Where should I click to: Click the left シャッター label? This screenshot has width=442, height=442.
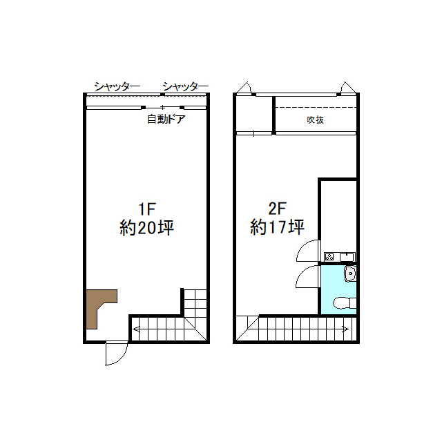point(117,86)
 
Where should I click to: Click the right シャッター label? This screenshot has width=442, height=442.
point(185,86)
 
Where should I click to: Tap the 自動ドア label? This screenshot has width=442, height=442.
point(166,119)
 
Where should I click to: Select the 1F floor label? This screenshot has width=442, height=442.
point(147,209)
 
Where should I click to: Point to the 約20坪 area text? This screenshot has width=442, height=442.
point(147,228)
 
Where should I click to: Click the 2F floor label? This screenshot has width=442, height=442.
point(278,209)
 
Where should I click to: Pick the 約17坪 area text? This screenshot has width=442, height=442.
point(278,227)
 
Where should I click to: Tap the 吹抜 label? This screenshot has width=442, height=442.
point(315,119)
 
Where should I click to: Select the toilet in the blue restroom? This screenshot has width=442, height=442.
point(345,303)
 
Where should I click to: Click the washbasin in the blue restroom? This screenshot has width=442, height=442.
point(350,273)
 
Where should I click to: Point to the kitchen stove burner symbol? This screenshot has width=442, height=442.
point(329,257)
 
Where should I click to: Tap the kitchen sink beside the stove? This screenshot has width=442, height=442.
point(347,257)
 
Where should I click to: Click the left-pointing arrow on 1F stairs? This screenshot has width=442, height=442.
point(136,329)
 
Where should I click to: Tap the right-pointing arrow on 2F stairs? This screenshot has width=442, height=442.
point(345,329)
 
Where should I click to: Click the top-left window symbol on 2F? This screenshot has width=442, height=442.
point(244,88)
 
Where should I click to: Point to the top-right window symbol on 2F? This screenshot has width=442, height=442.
point(348,88)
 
